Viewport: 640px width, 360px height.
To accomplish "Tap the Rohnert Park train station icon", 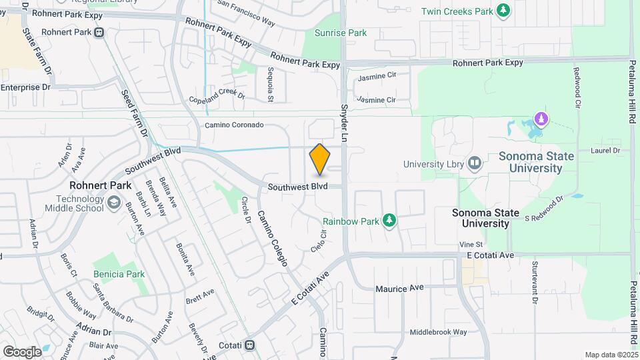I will pos(99,32).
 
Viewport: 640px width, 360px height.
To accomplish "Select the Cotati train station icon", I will pos(249,345).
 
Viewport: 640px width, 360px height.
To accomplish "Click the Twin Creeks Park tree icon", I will pos(504,11).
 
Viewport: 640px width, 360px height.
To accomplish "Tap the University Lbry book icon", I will pos(475,163).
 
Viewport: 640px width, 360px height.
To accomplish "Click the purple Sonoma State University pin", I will pos(542,120).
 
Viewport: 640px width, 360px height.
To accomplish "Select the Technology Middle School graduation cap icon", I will pos(115,201).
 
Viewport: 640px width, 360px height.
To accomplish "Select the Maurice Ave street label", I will pos(399,288).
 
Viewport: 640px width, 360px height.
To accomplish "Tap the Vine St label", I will pos(470,245).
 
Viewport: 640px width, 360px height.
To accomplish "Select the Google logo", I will pos(21,351).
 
